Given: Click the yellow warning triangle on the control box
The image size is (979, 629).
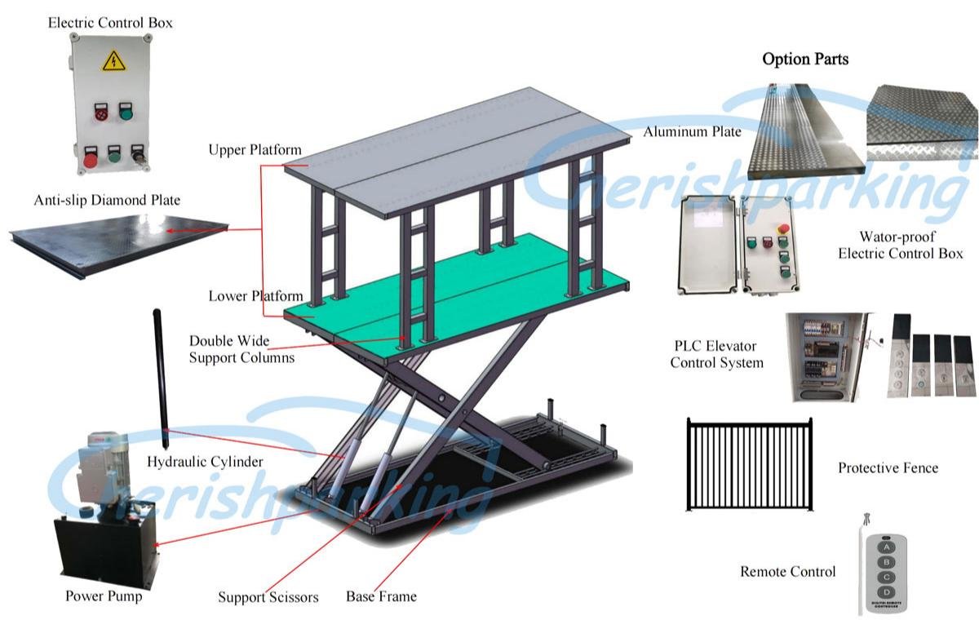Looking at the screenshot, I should point(113,60).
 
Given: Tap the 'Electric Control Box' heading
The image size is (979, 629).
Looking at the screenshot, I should point(110,23).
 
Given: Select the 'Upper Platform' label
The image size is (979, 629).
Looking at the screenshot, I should point(255,150).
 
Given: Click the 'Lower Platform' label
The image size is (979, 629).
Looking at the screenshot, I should point(255,296).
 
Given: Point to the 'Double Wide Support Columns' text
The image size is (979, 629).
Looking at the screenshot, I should point(241,348).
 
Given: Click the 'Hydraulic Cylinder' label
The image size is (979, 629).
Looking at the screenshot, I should point(205,463).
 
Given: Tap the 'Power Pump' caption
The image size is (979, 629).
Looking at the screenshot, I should point(104,596).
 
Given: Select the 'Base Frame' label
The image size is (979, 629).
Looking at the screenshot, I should point(381,596).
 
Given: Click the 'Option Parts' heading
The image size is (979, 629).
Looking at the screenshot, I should point(805,59).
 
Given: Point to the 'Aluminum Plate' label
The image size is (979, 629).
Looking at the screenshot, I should point(692,131).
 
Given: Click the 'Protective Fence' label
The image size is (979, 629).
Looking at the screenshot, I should point(888,468).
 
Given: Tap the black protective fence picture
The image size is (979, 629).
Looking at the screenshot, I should point(750,464).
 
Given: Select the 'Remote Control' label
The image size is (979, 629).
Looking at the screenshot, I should point(787,572).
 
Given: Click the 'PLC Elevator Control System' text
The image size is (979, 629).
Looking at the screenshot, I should point(716,354).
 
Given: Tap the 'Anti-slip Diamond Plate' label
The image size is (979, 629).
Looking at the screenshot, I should point(107,200).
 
